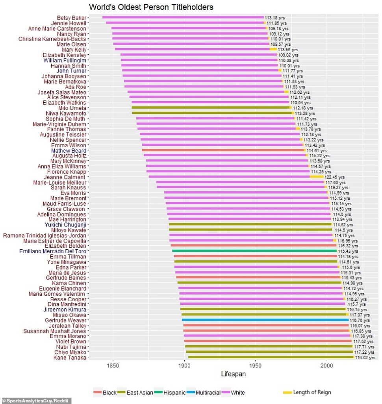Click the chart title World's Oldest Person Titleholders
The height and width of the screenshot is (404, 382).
coord(151,7)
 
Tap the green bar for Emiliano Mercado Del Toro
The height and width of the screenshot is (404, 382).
coord(254,251)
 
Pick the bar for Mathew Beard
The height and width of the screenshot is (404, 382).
coord(223,150)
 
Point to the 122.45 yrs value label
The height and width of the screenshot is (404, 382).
coord(334,177)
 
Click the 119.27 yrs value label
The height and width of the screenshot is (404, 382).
coord(337,188)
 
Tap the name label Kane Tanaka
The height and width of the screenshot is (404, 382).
coord(69,358)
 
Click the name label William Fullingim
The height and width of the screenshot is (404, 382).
coord(65,60)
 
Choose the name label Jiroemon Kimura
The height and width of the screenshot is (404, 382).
coord(65,309)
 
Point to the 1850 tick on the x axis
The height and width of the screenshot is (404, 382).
coord(113,366)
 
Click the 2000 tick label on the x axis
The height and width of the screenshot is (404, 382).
coord(326,366)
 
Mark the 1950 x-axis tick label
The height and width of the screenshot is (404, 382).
coord(256,366)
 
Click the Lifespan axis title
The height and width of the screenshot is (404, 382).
coord(234,374)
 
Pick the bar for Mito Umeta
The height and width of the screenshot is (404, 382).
coord(211,107)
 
